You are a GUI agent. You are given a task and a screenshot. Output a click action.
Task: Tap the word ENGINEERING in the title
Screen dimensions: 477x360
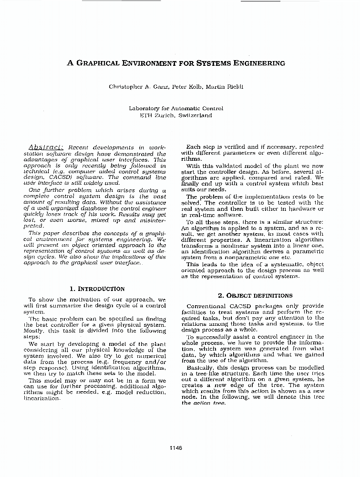258,63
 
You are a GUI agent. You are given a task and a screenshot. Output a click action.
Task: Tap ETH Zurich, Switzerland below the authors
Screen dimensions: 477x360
175,115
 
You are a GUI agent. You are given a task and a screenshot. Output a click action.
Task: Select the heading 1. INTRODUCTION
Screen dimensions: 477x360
97,289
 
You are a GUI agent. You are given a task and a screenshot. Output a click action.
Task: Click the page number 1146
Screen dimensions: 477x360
175,447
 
